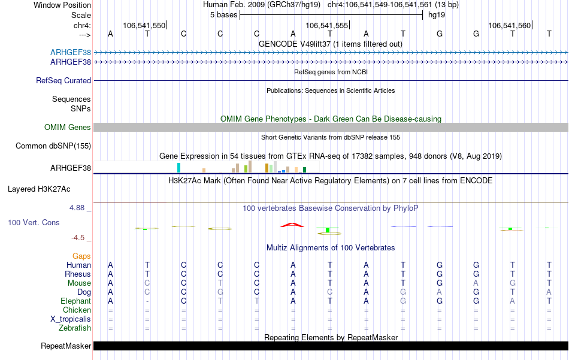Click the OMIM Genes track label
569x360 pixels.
coord(68,128)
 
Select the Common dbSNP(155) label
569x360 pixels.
coord(53,146)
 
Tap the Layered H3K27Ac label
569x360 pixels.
coord(39,189)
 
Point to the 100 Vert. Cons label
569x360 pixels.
coord(34,223)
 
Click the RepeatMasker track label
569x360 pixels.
coord(66,346)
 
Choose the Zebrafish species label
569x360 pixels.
coord(75,328)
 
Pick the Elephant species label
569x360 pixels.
coord(75,301)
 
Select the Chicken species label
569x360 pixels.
coord(77,310)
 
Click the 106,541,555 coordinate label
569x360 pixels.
coord(326,26)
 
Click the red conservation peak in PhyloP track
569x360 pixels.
coord(292,225)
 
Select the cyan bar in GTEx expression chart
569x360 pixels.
coord(178,168)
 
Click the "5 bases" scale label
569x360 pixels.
coord(223,15)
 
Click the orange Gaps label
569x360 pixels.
coord(81,256)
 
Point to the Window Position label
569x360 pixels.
coord(62,5)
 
